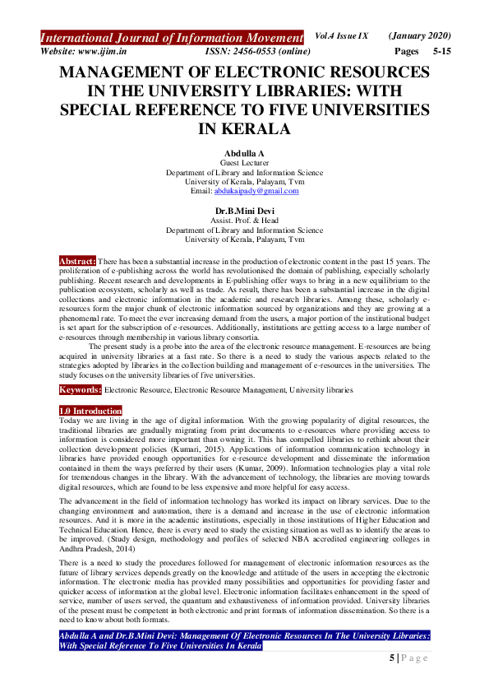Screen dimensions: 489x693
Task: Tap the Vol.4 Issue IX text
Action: [344, 36]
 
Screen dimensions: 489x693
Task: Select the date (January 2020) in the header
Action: [419, 36]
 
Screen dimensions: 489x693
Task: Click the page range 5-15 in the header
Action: [441, 51]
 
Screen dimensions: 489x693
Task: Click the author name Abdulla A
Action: [244, 154]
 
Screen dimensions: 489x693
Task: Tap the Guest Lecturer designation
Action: [244, 164]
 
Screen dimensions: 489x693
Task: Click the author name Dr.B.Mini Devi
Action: [244, 212]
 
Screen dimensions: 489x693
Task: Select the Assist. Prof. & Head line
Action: [244, 221]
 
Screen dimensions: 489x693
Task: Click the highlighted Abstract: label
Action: [77, 261]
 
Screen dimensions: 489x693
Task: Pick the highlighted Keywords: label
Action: [80, 388]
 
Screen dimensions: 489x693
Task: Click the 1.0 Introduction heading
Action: [90, 410]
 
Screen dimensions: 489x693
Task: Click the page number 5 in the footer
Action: [393, 659]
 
